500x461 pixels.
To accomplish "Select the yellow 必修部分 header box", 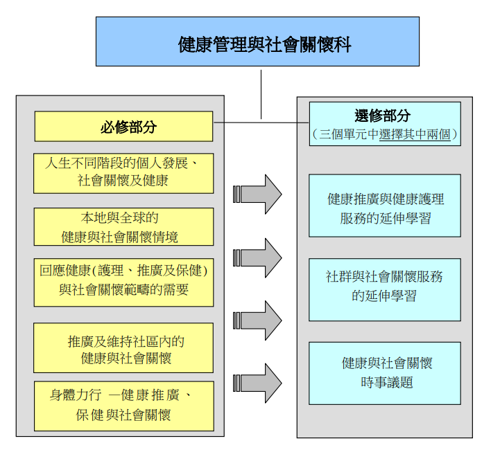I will coord(123,127).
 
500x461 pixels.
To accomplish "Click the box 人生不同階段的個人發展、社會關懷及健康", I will coord(123,173).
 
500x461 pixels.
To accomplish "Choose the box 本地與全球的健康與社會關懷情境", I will coord(123,227).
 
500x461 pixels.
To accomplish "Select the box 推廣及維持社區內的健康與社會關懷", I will coord(123,348).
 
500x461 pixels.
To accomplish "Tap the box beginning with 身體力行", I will coord(123,406).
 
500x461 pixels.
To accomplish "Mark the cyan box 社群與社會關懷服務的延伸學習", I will coord(385,286).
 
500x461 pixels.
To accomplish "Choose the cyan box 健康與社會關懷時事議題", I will coord(385,372).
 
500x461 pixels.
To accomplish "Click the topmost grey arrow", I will coord(257,194).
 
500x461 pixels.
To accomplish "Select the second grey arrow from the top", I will coord(257,257).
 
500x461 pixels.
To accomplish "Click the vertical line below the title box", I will coord(261,93).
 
